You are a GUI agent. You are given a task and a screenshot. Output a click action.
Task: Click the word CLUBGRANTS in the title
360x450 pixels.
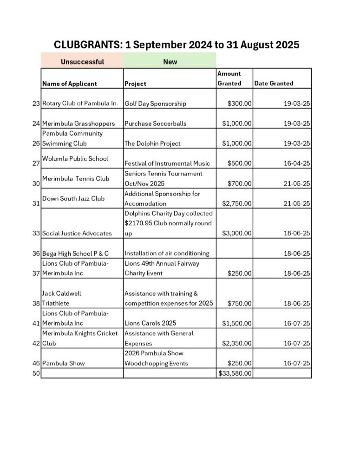click(88, 45)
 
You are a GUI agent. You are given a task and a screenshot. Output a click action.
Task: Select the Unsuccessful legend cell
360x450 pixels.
click(82, 61)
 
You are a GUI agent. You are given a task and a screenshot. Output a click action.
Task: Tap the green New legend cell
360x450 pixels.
click(170, 61)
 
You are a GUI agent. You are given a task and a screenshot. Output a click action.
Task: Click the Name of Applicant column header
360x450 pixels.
click(70, 84)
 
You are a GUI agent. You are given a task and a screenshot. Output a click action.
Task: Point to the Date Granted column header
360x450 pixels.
click(274, 84)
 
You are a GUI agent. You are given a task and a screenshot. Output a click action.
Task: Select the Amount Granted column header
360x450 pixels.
click(229, 78)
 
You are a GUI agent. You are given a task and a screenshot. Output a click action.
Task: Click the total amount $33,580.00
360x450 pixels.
click(235, 373)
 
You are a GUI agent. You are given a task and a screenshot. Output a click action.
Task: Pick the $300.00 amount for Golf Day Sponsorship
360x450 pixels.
click(240, 104)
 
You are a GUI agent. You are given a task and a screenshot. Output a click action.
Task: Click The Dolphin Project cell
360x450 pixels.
click(152, 143)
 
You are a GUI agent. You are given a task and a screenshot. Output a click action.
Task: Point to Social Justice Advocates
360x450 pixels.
click(77, 233)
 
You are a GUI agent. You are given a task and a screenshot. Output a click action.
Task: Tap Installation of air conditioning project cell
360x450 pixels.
click(167, 253)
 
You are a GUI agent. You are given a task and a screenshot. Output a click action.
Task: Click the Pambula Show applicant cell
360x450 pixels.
click(63, 363)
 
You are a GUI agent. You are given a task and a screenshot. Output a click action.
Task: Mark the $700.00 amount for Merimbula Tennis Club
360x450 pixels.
click(240, 183)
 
